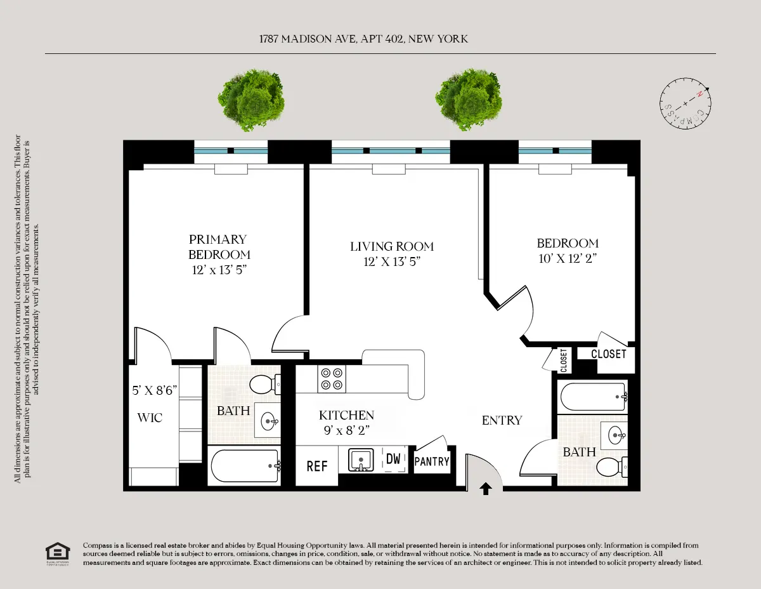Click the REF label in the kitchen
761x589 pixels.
pyautogui.click(x=317, y=467)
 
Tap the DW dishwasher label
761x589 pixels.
pyautogui.click(x=393, y=459)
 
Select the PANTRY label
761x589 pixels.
pyautogui.click(x=432, y=462)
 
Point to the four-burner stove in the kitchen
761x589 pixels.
pyautogui.click(x=331, y=379)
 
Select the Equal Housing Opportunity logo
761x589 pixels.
pyautogui.click(x=58, y=553)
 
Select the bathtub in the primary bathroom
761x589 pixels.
pyautogui.click(x=245, y=466)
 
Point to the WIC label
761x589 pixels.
pyautogui.click(x=150, y=418)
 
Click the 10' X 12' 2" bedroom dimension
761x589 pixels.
pyautogui.click(x=568, y=258)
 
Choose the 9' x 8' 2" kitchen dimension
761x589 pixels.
pyautogui.click(x=346, y=430)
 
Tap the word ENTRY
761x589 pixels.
pyautogui.click(x=502, y=420)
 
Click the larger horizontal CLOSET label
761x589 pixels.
pyautogui.click(x=608, y=354)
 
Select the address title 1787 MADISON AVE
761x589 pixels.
pyautogui.click(x=363, y=39)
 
